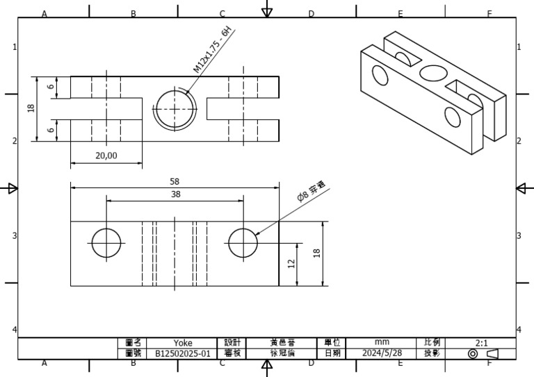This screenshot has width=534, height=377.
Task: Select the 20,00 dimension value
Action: [x=106, y=156]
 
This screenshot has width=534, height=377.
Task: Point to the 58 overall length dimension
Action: [x=175, y=181]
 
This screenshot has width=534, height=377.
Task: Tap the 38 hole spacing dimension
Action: [x=175, y=194]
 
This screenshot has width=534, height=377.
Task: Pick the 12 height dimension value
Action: [x=291, y=263]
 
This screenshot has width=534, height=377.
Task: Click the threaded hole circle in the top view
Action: [x=175, y=109]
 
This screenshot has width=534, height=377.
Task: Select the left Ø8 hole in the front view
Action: [x=106, y=242]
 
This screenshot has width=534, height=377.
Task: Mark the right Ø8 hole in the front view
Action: [x=243, y=242]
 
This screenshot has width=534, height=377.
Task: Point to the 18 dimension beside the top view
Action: [x=31, y=109]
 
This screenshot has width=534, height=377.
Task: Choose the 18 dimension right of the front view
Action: [x=317, y=253]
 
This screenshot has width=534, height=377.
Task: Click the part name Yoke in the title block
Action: [x=183, y=342]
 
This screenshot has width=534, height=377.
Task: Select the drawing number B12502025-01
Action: [x=183, y=353]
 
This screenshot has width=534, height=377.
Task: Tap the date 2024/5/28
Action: [x=382, y=353]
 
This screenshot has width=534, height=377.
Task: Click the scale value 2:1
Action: [x=481, y=342]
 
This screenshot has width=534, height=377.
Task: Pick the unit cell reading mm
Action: [x=382, y=342]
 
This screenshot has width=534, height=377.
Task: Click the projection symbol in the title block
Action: [x=482, y=353]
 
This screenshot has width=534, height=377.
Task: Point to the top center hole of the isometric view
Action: [x=432, y=72]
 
